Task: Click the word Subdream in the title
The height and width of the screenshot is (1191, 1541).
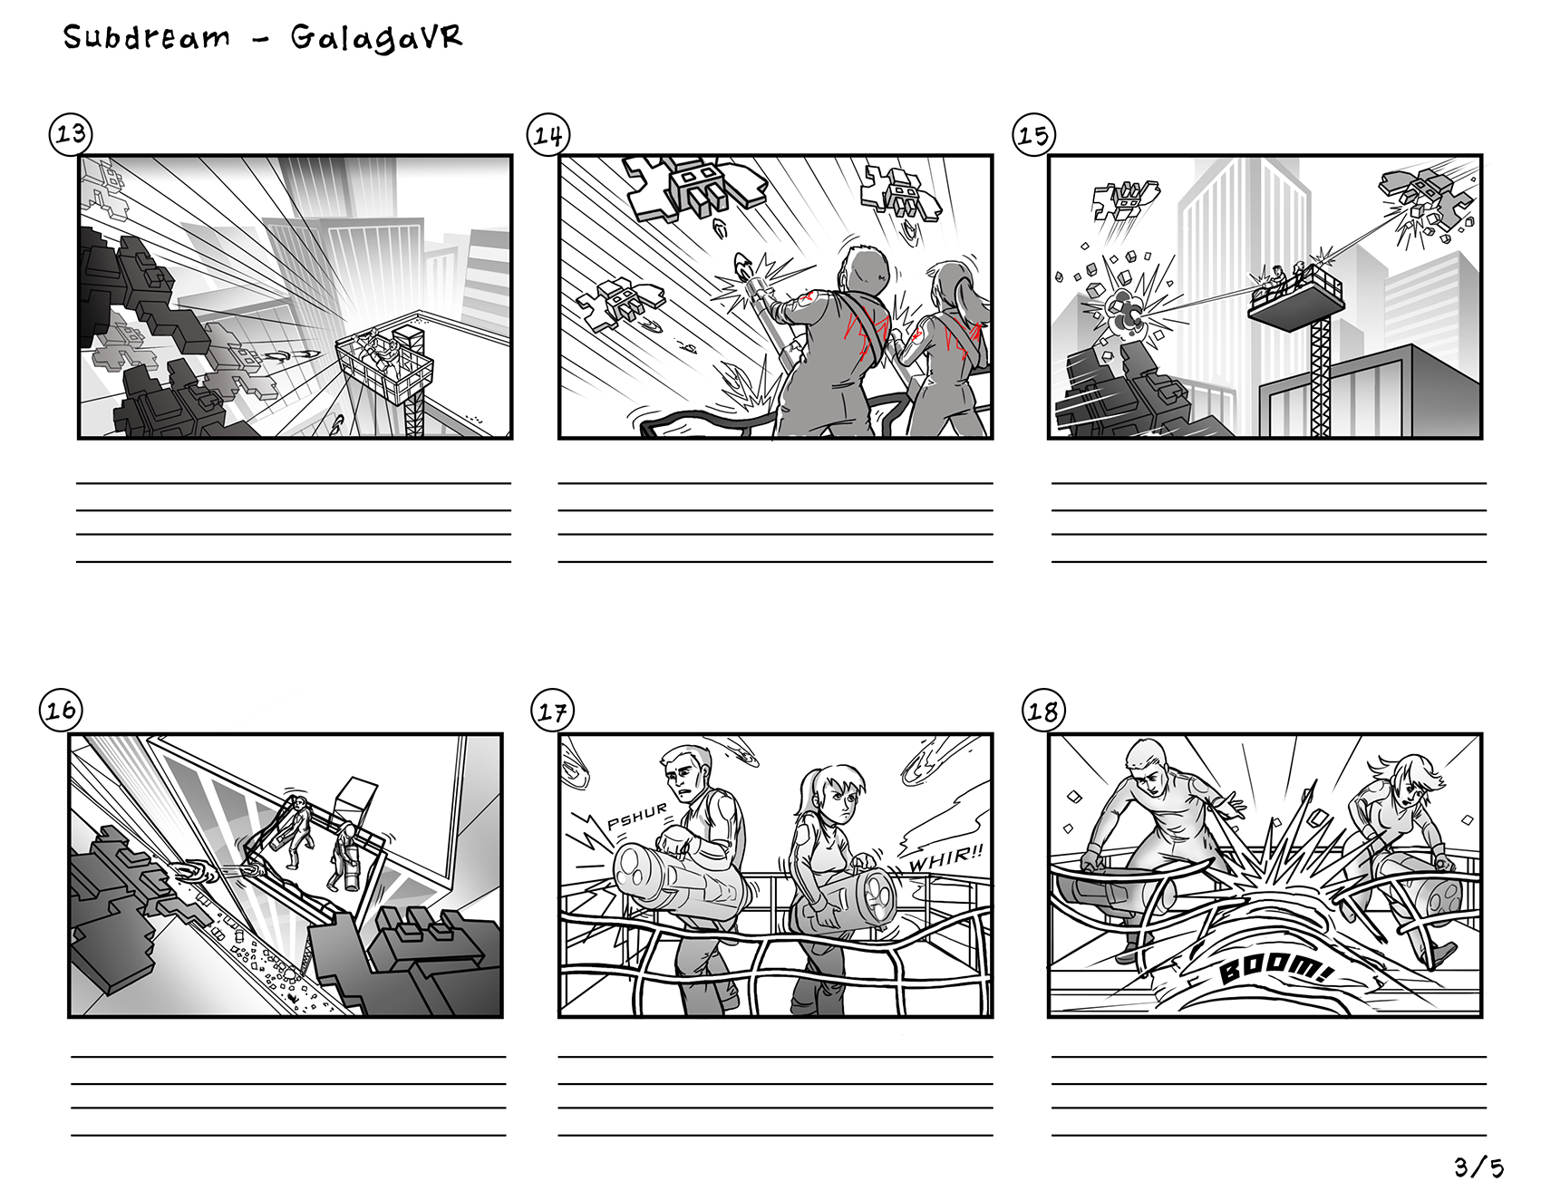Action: [x=147, y=37]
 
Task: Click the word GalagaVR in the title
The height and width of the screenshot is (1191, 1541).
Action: [x=376, y=37]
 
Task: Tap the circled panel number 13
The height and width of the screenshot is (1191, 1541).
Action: [x=71, y=134]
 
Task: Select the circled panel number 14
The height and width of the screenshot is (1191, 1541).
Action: [x=548, y=136]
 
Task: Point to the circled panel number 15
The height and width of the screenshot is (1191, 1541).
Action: [x=1033, y=136]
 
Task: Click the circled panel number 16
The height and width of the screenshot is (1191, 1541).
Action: [x=61, y=710]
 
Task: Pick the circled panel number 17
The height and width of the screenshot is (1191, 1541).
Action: [x=552, y=712]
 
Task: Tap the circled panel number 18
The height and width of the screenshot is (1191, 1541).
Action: [x=1043, y=712]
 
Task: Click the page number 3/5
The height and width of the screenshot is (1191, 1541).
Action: [x=1478, y=1167]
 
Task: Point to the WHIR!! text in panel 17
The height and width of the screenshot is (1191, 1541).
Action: [x=945, y=857]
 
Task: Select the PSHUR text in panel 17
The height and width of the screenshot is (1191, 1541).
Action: [x=637, y=816]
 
